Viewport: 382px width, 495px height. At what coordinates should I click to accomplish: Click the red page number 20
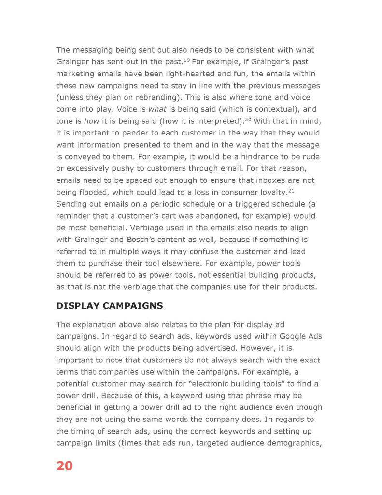pyautogui.click(x=64, y=466)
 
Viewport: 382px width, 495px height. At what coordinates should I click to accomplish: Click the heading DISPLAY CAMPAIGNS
pyautogui.click(x=110, y=306)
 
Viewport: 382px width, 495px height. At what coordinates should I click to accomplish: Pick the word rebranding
pyautogui.click(x=157, y=97)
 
